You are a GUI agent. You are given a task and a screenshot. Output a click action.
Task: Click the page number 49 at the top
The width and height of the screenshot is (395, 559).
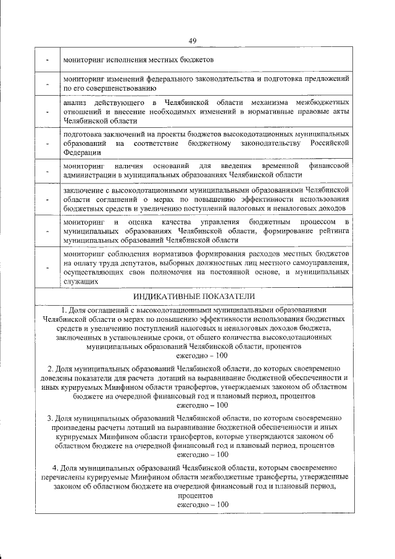point(193,41)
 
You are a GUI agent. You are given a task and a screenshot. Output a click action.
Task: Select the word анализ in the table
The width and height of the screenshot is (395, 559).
point(77,101)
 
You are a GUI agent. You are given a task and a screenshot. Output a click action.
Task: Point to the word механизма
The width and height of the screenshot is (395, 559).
point(268,101)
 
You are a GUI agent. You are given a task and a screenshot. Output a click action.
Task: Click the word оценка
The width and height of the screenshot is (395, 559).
point(142,221)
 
